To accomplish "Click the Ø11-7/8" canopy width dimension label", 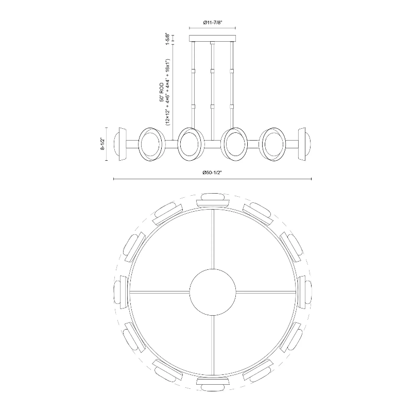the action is pos(213,23).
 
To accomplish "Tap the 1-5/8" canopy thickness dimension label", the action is pos(167,38).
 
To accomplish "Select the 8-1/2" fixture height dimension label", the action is pos(102,144).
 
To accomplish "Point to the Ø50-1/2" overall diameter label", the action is pos(212,173).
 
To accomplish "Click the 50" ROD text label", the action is pos(161,92).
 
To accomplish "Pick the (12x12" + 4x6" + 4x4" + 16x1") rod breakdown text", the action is pos(168,92).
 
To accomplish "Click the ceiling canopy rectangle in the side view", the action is pos(213,38).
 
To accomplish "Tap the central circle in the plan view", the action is pos(213,292).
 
